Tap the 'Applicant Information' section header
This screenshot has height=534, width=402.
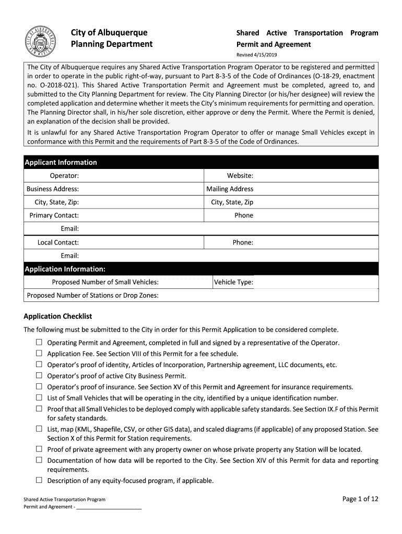tap(61, 162)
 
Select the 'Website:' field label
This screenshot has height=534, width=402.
tap(240, 176)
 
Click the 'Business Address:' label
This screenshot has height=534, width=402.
tap(53, 189)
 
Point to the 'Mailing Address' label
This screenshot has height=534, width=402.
tap(230, 189)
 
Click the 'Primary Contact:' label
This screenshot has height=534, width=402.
tap(54, 215)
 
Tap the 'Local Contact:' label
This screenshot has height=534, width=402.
tap(58, 242)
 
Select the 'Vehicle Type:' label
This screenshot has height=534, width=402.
tap(233, 282)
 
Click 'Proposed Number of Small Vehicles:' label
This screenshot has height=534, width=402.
tap(105, 282)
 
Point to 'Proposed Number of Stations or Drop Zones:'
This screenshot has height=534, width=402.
tap(93, 296)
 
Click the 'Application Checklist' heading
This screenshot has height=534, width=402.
tap(58, 316)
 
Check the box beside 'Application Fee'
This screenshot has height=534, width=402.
tap(39, 353)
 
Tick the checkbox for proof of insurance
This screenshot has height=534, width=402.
tap(39, 386)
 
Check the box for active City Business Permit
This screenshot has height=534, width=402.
tap(39, 375)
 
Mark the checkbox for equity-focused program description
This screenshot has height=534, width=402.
tap(39, 480)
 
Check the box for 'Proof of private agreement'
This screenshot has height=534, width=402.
tap(39, 448)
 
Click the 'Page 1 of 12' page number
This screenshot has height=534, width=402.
tap(360, 499)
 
